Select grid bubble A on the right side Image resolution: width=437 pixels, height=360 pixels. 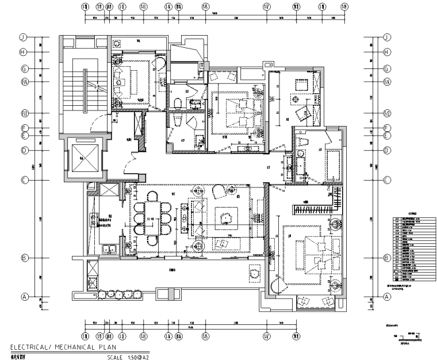tap(387, 297)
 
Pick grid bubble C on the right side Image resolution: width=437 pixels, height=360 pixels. tap(387, 180)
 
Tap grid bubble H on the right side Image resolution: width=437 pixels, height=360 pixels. tap(387, 52)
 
